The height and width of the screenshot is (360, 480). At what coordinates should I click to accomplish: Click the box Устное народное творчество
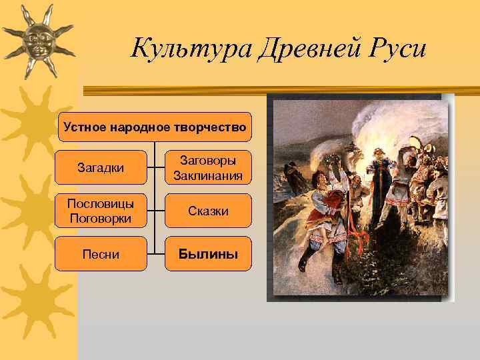(x=155, y=127)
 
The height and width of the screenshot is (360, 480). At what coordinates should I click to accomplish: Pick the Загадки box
(x=101, y=167)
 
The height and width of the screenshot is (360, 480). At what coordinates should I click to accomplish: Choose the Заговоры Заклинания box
(x=208, y=167)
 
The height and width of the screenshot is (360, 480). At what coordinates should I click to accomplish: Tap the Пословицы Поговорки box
(x=101, y=211)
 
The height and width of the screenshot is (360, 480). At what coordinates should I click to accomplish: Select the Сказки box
(x=208, y=211)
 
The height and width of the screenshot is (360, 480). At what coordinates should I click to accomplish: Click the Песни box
(x=101, y=254)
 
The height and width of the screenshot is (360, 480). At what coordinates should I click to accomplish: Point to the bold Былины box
(x=208, y=254)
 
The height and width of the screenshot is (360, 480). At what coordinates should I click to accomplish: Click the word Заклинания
(x=208, y=175)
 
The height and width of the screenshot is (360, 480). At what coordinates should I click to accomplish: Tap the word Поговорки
(x=101, y=218)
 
